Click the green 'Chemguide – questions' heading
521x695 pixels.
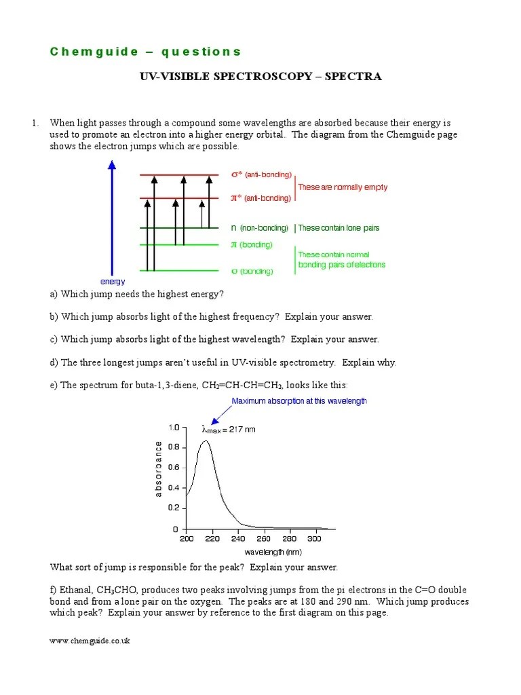tap(145, 52)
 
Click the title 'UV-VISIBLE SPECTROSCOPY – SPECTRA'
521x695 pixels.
tap(260, 77)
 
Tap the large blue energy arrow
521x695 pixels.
tap(112, 217)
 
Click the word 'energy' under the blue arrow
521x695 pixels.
tap(113, 281)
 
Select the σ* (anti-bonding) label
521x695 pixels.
tap(261, 175)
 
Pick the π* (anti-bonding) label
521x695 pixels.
tap(261, 198)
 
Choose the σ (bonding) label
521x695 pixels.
tap(252, 271)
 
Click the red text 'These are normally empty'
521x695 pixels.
tap(343, 187)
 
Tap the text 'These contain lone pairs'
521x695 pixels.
tap(339, 228)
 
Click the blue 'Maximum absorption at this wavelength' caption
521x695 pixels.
tap(299, 401)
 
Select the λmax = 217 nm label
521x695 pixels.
tap(229, 429)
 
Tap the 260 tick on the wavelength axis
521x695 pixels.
tap(263, 539)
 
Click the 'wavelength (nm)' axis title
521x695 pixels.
tap(273, 552)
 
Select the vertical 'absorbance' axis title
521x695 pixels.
tap(159, 468)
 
